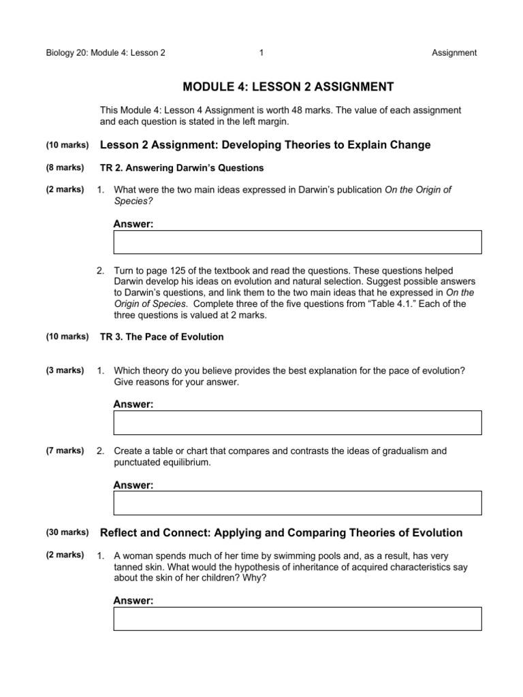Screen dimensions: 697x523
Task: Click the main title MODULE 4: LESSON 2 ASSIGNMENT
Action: pos(289,86)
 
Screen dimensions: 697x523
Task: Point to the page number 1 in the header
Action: pos(261,52)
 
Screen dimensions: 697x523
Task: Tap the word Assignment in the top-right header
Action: pos(454,52)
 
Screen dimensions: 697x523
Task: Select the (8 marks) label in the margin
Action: pos(65,167)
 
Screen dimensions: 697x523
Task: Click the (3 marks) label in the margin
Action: pos(65,370)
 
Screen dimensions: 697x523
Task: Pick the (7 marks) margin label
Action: pos(65,451)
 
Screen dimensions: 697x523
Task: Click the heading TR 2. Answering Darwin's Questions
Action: pos(182,167)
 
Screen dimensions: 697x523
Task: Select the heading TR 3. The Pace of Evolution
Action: pos(161,337)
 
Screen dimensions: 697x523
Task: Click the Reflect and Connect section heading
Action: pos(281,532)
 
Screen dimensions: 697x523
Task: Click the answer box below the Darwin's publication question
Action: pos(298,242)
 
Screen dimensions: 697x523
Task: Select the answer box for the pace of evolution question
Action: pos(298,422)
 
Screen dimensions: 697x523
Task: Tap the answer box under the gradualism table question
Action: pos(298,503)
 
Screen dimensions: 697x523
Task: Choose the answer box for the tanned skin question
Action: pos(298,619)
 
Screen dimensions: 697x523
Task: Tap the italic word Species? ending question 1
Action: pos(131,202)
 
